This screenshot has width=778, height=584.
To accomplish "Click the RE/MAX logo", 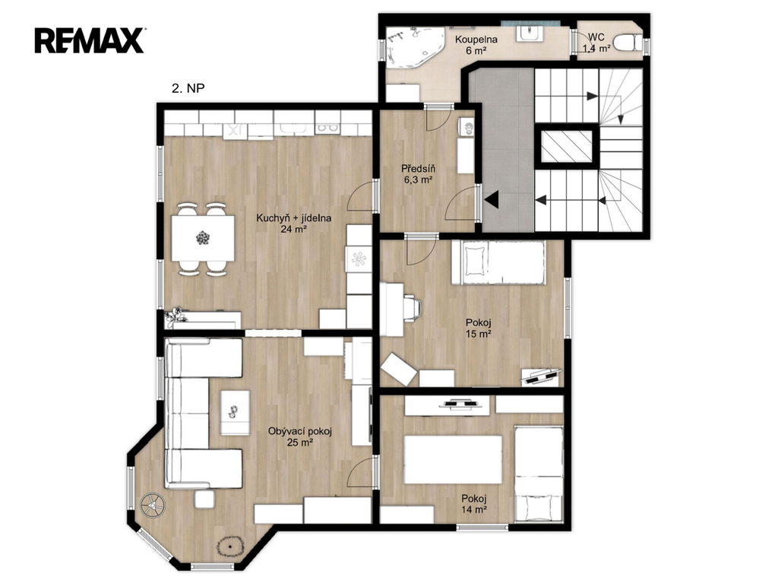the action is pyautogui.click(x=90, y=41).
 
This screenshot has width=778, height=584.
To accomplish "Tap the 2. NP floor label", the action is pyautogui.click(x=188, y=88).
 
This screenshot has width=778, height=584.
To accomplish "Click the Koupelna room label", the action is pyautogui.click(x=476, y=40).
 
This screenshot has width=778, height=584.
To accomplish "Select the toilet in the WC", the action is pyautogui.click(x=627, y=43).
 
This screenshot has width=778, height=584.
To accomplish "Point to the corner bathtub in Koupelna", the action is pyautogui.click(x=414, y=48).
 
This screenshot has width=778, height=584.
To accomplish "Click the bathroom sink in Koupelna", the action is pyautogui.click(x=530, y=33).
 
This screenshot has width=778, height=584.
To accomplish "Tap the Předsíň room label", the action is pyautogui.click(x=419, y=169).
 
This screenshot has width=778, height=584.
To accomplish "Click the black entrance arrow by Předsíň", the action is pyautogui.click(x=492, y=200).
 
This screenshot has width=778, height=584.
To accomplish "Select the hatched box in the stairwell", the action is pyautogui.click(x=566, y=147).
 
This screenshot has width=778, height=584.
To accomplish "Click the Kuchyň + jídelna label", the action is pyautogui.click(x=294, y=218).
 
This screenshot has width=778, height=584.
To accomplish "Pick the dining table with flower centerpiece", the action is pyautogui.click(x=203, y=238).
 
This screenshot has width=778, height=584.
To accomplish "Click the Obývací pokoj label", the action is pyautogui.click(x=299, y=432).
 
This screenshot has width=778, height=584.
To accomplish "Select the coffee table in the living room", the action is pyautogui.click(x=235, y=413).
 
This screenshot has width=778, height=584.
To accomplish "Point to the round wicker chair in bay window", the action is pyautogui.click(x=152, y=506).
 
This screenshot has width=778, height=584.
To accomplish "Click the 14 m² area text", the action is pyautogui.click(x=474, y=509).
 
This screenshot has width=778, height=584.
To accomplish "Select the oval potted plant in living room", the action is pyautogui.click(x=230, y=546).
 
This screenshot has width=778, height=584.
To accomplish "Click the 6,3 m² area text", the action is pyautogui.click(x=419, y=180).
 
